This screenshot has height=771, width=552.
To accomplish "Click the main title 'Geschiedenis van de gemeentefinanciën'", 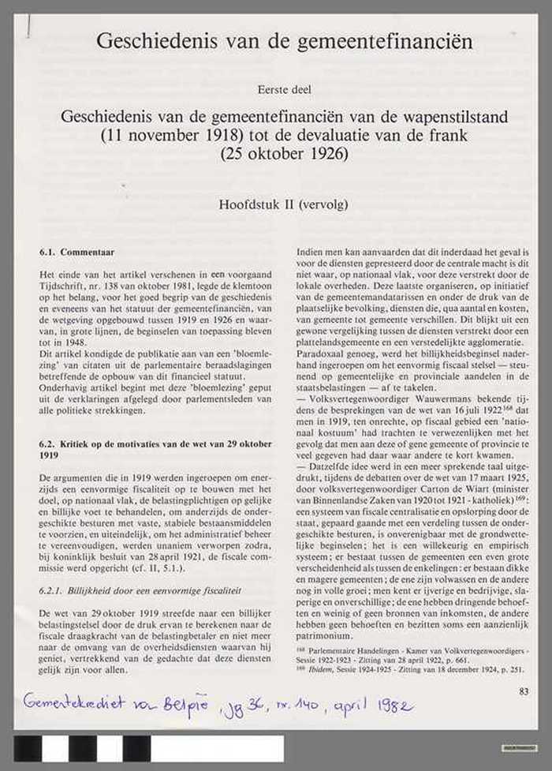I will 284,40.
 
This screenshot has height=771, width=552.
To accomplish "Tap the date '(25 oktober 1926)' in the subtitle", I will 283,153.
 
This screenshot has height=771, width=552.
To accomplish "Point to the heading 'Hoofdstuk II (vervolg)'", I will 283,204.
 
